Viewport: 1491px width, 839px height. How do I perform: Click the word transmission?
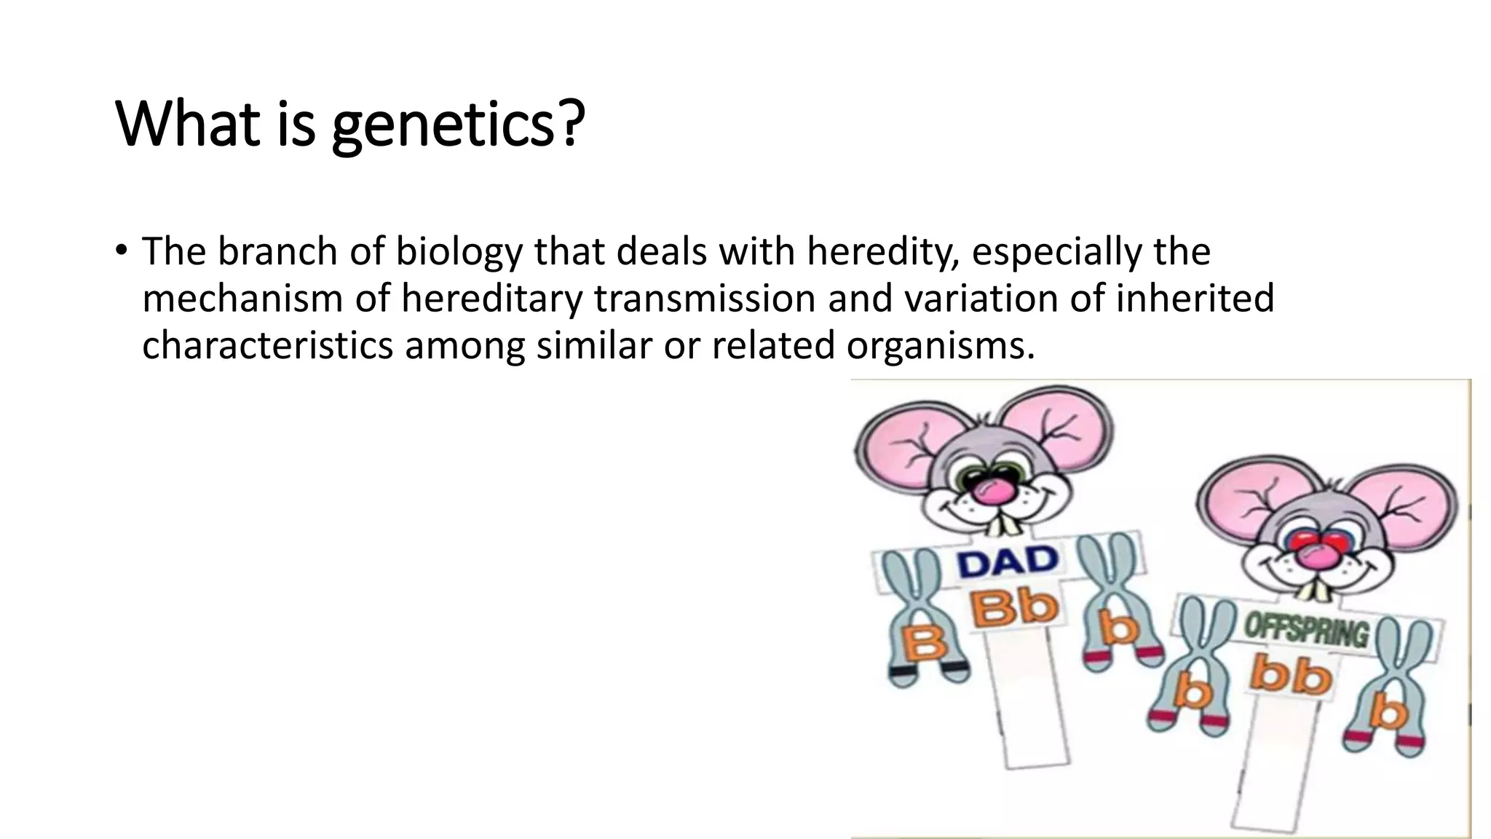coord(705,299)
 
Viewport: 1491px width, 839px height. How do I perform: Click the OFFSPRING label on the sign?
coord(1306,631)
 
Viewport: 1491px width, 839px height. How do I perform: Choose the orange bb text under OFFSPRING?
coord(1292,676)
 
